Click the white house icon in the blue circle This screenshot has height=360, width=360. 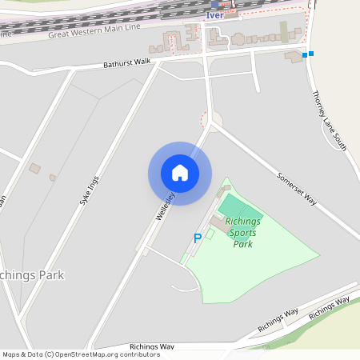pos(180,173)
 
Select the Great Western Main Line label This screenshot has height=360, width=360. pos(94,30)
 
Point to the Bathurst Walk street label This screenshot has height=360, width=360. pos(126,62)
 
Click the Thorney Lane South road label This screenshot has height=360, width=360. pos(328,119)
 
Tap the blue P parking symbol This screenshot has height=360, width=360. pos(198,238)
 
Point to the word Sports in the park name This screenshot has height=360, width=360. pos(242,233)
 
